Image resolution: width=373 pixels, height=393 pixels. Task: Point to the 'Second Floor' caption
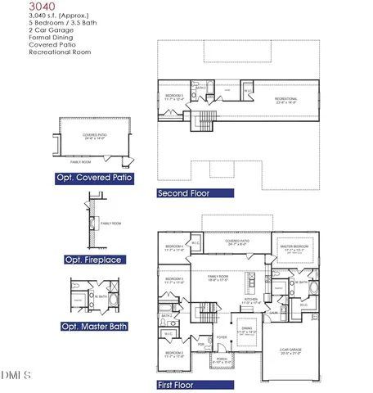(x=183, y=193)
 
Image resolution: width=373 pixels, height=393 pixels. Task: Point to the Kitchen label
(x=251, y=300)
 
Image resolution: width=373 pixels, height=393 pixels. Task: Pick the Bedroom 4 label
(x=174, y=247)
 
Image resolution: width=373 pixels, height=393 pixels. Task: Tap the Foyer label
(x=221, y=336)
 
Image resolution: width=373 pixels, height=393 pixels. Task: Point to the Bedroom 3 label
(x=174, y=280)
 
